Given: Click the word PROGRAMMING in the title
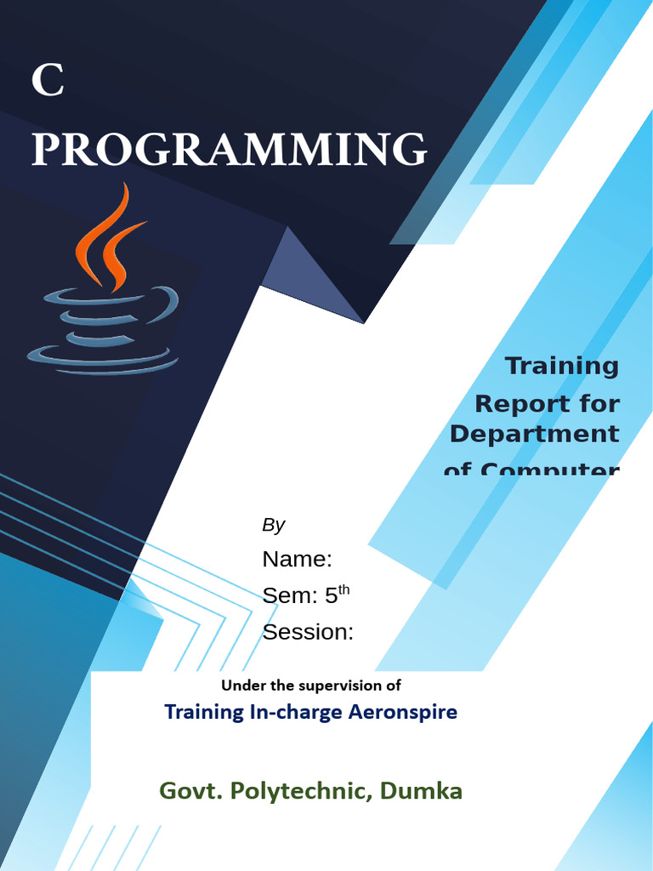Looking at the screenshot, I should click(x=229, y=150).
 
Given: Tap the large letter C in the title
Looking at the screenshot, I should click(x=47, y=82).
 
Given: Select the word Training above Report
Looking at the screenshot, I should click(x=562, y=366).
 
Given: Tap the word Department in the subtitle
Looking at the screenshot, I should click(x=534, y=434).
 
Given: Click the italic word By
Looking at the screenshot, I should click(x=273, y=525).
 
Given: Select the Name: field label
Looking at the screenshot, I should click(x=297, y=559).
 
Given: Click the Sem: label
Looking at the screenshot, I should click(x=288, y=595).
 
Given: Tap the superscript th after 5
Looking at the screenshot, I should click(x=344, y=589).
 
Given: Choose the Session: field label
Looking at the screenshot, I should click(x=308, y=632).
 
